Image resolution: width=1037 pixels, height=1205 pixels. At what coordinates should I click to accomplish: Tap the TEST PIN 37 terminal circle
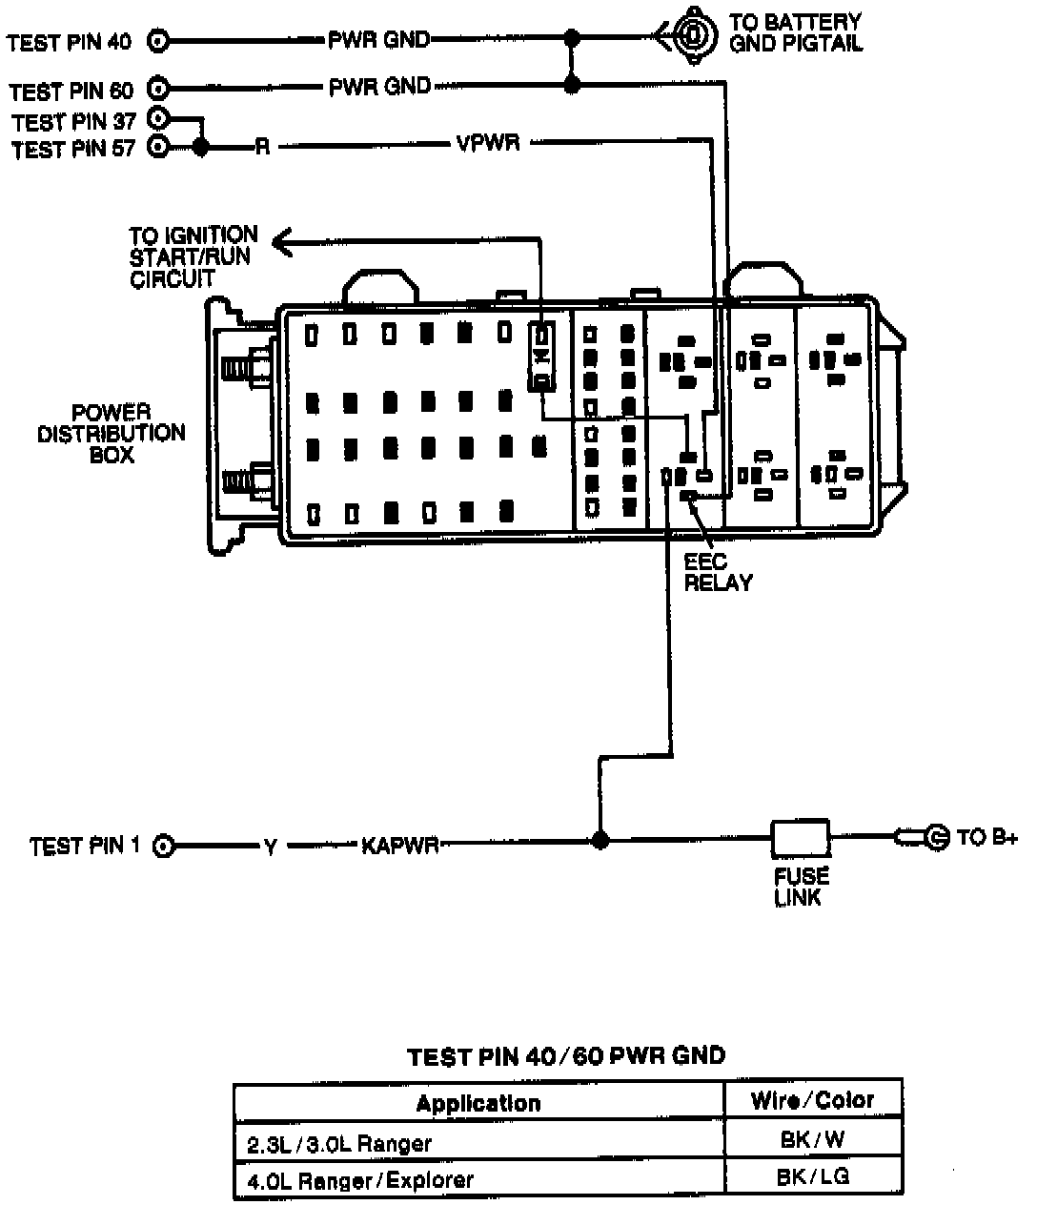[158, 119]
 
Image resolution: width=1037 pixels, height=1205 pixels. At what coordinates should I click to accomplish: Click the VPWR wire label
[488, 146]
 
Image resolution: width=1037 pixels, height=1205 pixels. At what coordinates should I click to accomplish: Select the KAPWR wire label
[399, 845]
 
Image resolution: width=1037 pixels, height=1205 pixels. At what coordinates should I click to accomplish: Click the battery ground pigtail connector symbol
[692, 38]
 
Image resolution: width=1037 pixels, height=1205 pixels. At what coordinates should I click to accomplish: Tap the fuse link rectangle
[800, 838]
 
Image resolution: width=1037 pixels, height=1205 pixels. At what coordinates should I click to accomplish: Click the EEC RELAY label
[719, 572]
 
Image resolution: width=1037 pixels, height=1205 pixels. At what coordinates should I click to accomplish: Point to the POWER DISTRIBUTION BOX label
[112, 434]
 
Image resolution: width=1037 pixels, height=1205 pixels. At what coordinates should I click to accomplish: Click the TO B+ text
[987, 837]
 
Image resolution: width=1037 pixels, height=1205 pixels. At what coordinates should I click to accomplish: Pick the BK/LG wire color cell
[812, 1177]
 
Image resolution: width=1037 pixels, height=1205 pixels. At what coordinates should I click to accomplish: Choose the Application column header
[478, 1104]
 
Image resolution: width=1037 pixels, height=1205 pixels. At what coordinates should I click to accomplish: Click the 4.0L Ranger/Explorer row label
[360, 1180]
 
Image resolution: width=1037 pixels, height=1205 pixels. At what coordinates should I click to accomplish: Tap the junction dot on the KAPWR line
[599, 840]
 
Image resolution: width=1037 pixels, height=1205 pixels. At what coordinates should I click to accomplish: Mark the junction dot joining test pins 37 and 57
[200, 147]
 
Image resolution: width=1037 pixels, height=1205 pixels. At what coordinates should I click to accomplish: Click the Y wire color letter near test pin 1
[271, 846]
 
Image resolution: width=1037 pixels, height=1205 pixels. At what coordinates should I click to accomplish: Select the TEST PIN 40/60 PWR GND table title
[566, 1056]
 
